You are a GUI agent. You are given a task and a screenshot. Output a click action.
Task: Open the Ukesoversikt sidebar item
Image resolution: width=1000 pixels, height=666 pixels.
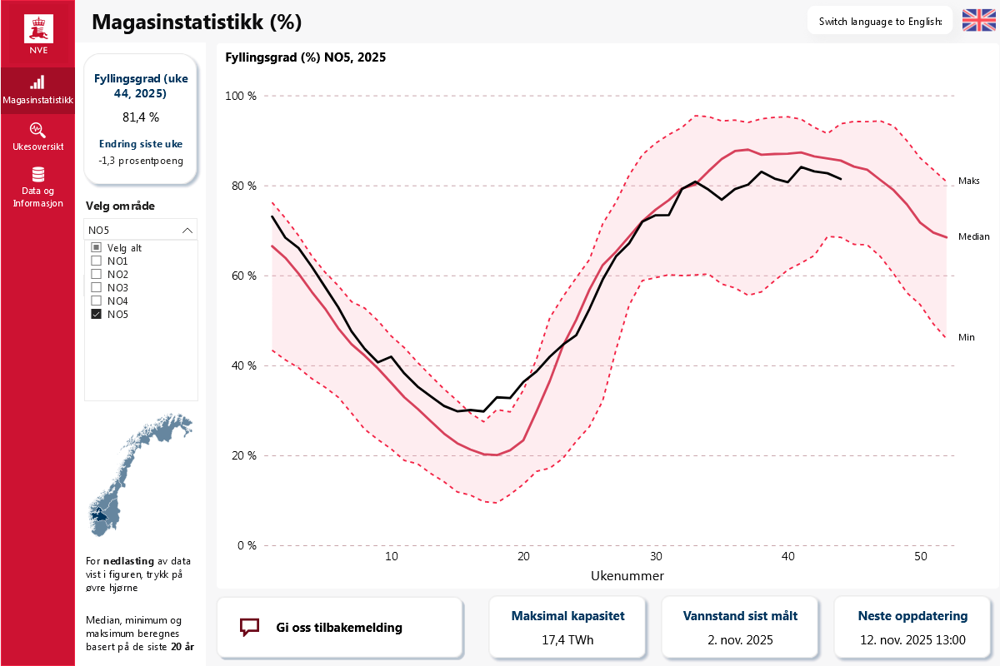tap(37, 137)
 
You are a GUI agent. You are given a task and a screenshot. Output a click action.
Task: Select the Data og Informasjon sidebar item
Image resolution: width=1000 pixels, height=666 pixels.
tap(37, 186)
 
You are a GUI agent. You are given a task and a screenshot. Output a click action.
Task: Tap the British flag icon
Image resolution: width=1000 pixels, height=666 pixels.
tap(978, 21)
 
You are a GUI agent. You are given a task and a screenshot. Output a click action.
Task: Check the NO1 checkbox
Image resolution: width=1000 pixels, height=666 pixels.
tap(96, 261)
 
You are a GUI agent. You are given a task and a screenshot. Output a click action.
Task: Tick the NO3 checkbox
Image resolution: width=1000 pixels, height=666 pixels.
tap(96, 287)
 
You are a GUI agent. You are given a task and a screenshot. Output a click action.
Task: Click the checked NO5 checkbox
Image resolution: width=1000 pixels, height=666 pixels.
tap(96, 314)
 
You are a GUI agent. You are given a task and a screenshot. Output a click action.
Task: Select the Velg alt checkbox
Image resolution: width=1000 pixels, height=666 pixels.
tap(96, 247)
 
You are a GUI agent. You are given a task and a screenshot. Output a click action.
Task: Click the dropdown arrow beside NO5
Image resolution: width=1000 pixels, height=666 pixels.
tap(187, 231)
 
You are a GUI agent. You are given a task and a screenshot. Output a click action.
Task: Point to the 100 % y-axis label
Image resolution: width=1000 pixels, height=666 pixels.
tap(242, 96)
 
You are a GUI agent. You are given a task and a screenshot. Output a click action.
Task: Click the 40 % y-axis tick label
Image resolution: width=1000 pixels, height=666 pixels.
tap(242, 365)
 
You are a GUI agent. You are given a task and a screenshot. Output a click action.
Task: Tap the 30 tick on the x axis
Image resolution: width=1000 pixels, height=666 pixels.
tap(656, 556)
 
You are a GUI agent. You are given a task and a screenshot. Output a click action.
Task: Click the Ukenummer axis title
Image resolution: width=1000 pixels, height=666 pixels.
tap(627, 575)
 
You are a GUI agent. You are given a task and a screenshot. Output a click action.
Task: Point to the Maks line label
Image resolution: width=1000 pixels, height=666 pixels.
tap(968, 181)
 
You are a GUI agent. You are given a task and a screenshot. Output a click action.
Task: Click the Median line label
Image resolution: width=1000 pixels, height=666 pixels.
tap(974, 236)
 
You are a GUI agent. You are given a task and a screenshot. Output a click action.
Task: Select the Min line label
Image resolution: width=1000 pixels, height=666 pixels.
tap(966, 337)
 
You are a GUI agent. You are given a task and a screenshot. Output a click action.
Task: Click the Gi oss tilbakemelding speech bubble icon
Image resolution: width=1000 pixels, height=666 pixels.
tap(250, 627)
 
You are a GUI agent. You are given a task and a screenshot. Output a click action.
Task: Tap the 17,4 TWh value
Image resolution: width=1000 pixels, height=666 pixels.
tap(567, 640)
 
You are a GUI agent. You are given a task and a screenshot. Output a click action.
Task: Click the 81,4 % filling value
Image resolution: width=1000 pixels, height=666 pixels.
tap(141, 117)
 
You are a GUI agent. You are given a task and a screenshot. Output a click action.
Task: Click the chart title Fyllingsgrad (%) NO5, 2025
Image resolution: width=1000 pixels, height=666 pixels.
tap(306, 58)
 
